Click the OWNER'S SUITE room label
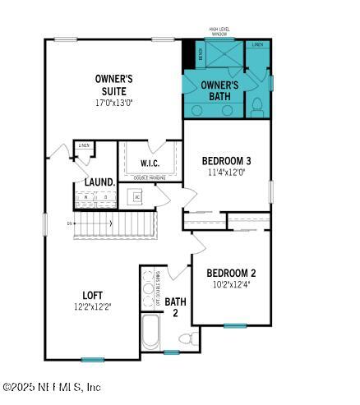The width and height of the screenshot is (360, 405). (113, 85)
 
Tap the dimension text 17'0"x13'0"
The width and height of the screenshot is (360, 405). (113, 103)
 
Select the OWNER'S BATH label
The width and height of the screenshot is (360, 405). (219, 90)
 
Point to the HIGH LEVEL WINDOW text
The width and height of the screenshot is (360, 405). (219, 32)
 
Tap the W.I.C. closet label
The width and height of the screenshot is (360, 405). (149, 163)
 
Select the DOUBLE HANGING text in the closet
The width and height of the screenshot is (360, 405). (148, 178)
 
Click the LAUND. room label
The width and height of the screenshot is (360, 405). (99, 182)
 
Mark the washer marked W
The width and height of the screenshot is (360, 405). (85, 198)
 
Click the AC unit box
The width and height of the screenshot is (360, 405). (137, 197)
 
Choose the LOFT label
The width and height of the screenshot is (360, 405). (93, 295)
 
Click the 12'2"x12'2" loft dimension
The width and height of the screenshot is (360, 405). (93, 307)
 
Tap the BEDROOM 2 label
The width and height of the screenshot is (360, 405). (231, 274)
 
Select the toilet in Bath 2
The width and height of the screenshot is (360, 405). (186, 337)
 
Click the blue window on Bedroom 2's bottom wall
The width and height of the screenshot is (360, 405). (235, 325)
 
